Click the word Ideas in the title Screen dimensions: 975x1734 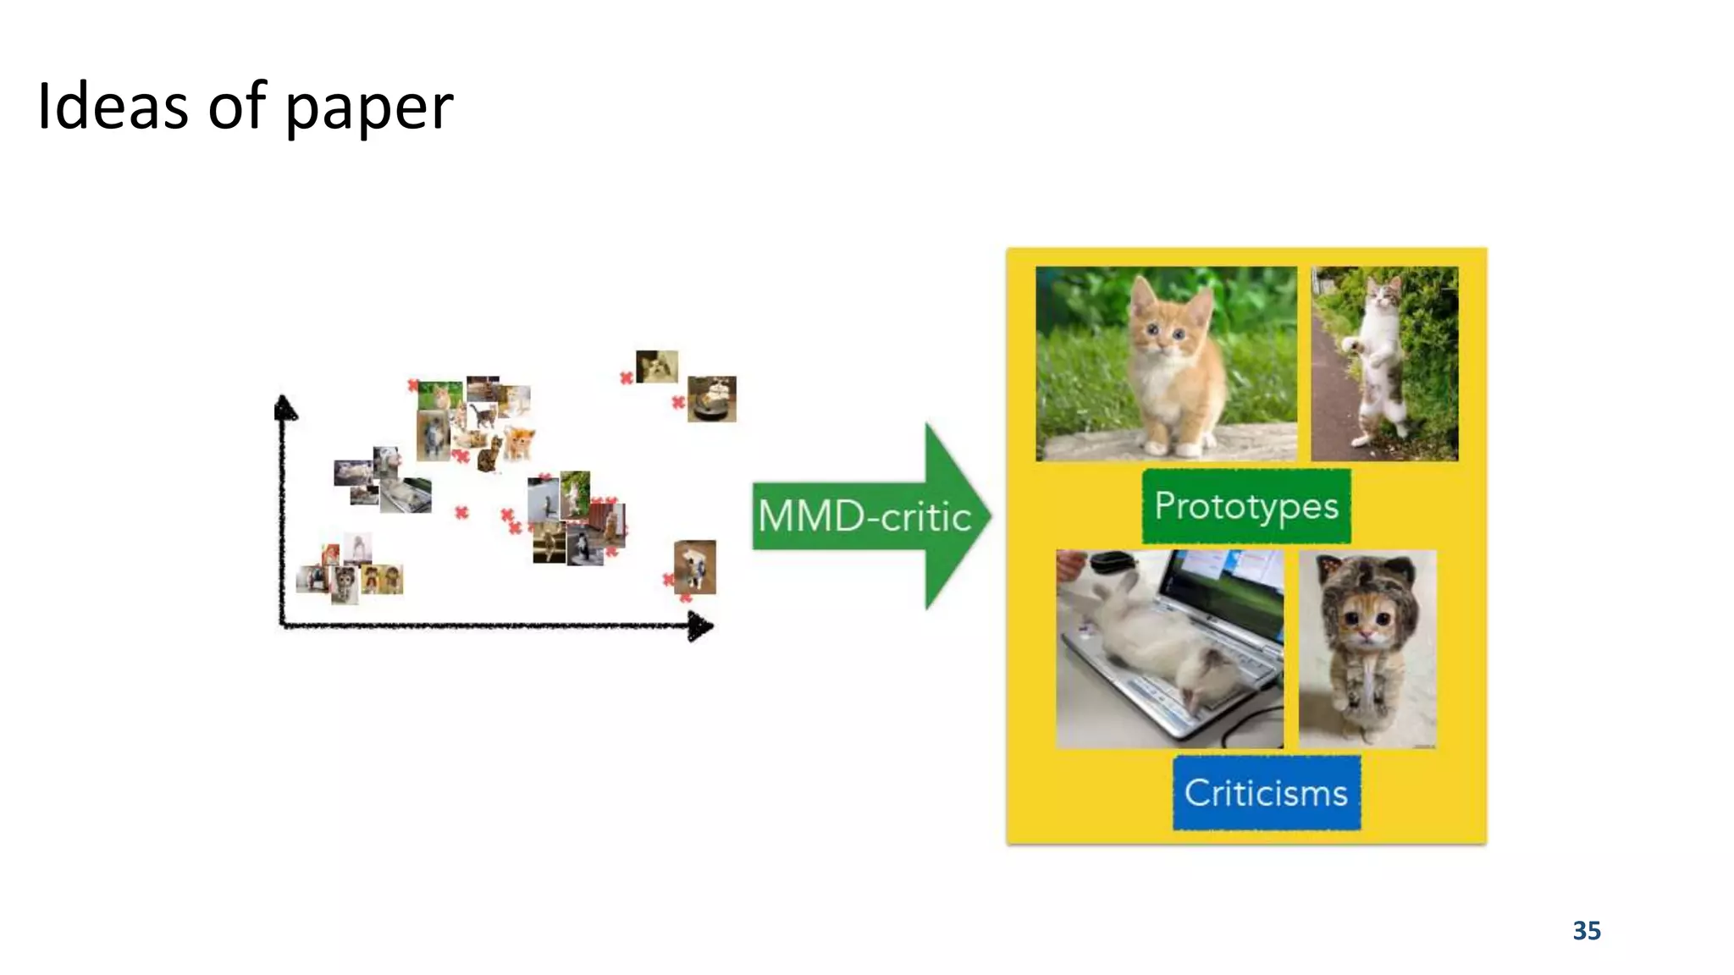pyautogui.click(x=112, y=107)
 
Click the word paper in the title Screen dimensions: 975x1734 pyautogui.click(x=369, y=110)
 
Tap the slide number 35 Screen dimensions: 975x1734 pyautogui.click(x=1586, y=930)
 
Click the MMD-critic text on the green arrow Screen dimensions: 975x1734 pyautogui.click(x=864, y=516)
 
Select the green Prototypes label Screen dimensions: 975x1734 pyautogui.click(x=1245, y=506)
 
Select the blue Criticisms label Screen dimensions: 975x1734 pyautogui.click(x=1266, y=793)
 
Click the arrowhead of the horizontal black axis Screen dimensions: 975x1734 pyautogui.click(x=701, y=627)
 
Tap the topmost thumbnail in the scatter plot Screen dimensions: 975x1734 pyautogui.click(x=656, y=366)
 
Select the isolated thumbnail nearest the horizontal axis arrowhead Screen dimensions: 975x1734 pyautogui.click(x=695, y=566)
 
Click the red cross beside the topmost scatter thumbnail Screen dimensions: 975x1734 pyautogui.click(x=627, y=377)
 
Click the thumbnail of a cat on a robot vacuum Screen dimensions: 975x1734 pyautogui.click(x=711, y=399)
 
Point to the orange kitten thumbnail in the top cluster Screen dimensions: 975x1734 pyautogui.click(x=518, y=442)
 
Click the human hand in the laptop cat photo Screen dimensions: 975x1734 pyautogui.click(x=1071, y=562)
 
